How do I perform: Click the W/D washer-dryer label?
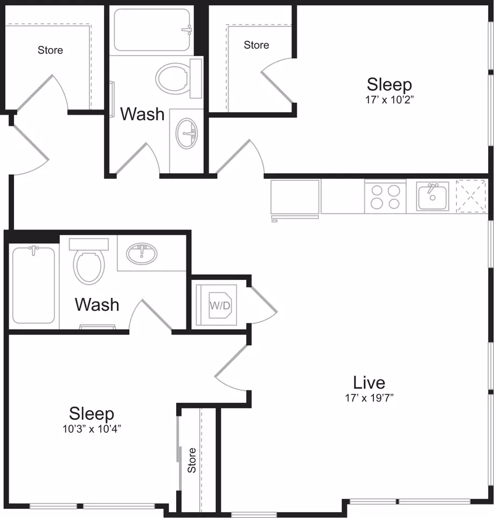click(220, 305)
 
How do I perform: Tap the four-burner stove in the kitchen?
click(385, 196)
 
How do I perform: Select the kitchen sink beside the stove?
click(433, 196)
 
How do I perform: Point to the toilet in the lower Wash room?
click(89, 261)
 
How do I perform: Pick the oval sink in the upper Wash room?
click(186, 133)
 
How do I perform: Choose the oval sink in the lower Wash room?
click(142, 254)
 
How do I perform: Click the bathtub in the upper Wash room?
click(152, 30)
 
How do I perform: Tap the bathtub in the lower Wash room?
click(33, 285)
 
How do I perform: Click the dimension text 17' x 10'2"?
click(389, 99)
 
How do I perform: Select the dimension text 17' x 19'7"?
click(370, 398)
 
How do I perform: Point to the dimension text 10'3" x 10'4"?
click(92, 429)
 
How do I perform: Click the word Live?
click(369, 383)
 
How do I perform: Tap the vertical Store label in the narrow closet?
click(192, 460)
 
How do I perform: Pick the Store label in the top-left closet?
click(50, 50)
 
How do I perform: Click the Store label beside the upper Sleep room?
click(256, 45)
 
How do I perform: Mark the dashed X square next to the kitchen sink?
click(471, 196)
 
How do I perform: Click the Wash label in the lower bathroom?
click(97, 304)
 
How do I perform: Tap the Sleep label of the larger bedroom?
click(389, 84)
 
